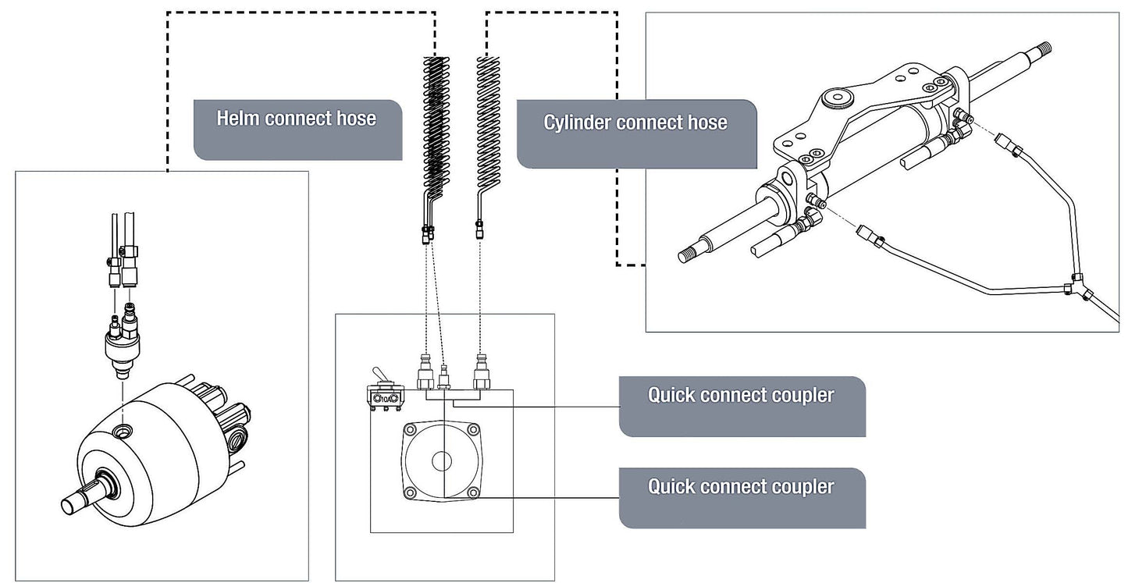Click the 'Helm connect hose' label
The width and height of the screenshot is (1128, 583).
297,119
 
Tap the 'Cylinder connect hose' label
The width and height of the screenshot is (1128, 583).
635,123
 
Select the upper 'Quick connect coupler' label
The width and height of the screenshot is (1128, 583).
741,395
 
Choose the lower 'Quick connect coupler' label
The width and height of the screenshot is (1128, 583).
741,487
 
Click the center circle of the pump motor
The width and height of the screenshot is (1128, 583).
442,461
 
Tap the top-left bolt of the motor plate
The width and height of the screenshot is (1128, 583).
410,430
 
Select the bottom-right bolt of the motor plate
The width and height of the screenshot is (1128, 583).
473,492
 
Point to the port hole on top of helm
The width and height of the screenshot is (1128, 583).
123,431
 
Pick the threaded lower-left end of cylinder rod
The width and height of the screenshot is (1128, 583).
688,255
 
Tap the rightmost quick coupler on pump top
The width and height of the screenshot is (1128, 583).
482,371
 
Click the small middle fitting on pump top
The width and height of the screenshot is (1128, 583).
443,377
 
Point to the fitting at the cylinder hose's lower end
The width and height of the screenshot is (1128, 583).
479,229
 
